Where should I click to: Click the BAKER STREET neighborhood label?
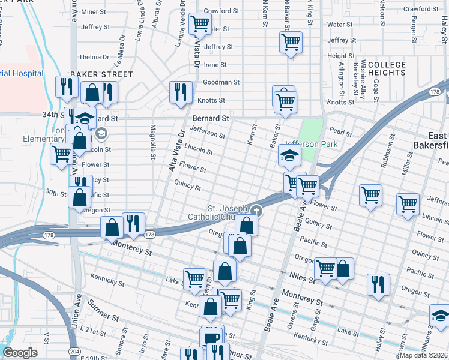click(x=101, y=74)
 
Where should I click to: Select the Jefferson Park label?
click(x=311, y=144)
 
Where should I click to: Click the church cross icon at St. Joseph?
click(x=257, y=210)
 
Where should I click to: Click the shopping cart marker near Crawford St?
click(x=200, y=24)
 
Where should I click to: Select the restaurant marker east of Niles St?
click(x=378, y=283)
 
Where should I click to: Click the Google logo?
click(x=20, y=352)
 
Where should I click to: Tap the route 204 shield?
click(x=74, y=351)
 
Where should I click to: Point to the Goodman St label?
click(x=221, y=82)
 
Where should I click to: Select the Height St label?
click(x=337, y=56)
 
